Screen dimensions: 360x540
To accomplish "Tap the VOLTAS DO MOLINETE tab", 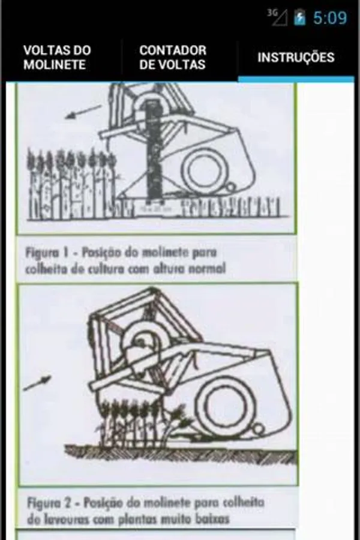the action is point(57,58).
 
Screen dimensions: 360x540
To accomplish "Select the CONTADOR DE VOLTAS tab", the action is point(173,58).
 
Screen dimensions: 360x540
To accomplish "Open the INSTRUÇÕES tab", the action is point(296,57).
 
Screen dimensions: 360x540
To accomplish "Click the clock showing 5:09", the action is point(329,18).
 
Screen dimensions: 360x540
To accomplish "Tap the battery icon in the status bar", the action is point(300,17).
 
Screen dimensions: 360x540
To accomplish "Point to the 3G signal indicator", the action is point(277,17).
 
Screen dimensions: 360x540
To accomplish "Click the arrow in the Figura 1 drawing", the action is point(83,112).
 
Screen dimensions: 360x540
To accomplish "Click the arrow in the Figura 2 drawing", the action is point(37,383).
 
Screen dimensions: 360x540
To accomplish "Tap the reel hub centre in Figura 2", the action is point(142,341).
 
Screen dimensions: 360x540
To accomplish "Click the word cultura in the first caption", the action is point(103,268).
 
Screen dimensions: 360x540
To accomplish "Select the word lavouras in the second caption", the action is point(75,519).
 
